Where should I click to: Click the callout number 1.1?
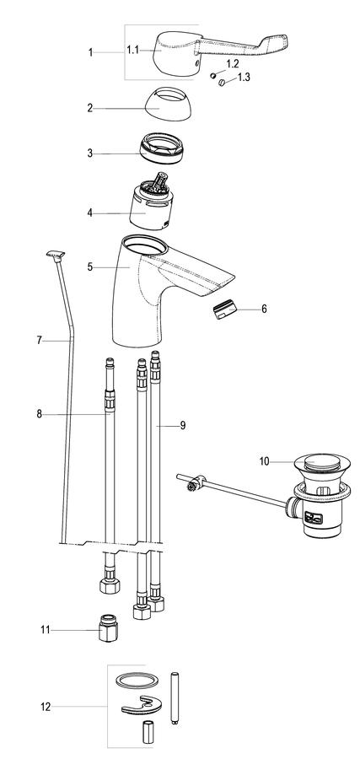(x=132, y=50)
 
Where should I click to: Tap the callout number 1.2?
(x=232, y=63)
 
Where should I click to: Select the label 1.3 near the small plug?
(x=244, y=77)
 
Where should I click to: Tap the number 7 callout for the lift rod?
(x=39, y=341)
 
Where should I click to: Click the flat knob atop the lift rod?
(x=56, y=254)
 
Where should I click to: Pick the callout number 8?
(x=39, y=414)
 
